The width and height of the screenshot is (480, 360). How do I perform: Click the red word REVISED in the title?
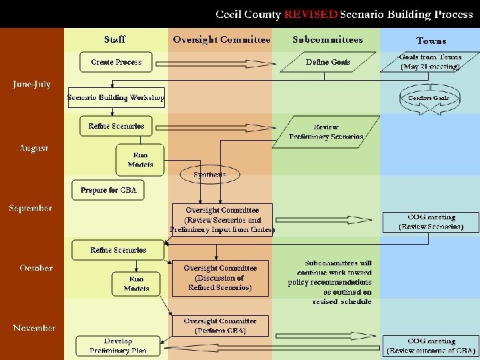click(311, 14)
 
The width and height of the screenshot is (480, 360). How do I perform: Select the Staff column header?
click(115, 40)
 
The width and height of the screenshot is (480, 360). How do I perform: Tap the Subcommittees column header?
click(327, 40)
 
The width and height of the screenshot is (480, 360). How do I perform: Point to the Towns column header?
click(431, 41)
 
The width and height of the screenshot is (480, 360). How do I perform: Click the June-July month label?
click(32, 85)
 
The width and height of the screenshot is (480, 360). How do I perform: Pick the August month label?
click(33, 148)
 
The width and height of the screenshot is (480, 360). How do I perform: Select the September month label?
click(31, 208)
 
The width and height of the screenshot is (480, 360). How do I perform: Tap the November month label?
click(34, 328)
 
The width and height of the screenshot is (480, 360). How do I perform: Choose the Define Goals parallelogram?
click(328, 62)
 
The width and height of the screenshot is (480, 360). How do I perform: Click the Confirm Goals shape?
click(429, 98)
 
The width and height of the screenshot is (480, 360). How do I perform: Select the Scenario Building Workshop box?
click(117, 98)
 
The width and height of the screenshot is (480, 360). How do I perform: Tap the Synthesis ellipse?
click(209, 175)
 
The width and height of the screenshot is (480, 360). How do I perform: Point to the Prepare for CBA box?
click(109, 190)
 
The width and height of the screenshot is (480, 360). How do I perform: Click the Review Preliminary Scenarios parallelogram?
click(326, 131)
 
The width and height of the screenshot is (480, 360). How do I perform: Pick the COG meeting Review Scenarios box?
click(431, 222)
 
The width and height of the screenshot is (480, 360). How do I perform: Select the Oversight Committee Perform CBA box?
click(220, 326)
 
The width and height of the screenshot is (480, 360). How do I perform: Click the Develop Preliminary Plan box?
click(118, 345)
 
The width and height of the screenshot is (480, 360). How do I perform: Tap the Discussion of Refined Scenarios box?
click(220, 278)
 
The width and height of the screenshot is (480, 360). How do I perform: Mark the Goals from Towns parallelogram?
click(430, 62)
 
